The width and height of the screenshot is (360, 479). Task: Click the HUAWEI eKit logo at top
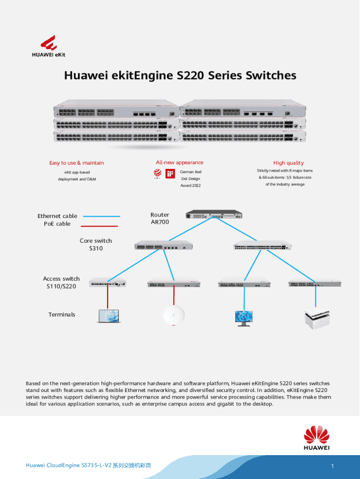pyautogui.click(x=52, y=46)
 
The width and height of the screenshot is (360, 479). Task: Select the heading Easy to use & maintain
pyautogui.click(x=77, y=163)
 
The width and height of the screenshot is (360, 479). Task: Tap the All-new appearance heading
pyautogui.click(x=180, y=162)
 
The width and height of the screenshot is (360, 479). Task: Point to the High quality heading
pyautogui.click(x=288, y=163)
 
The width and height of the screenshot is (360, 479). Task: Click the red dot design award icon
pyautogui.click(x=158, y=174)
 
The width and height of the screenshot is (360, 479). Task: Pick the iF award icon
pyautogui.click(x=170, y=174)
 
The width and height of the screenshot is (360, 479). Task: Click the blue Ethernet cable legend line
pyautogui.click(x=101, y=216)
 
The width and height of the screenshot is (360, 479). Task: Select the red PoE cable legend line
pyautogui.click(x=100, y=225)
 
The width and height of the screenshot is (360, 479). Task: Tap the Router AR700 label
pyautogui.click(x=160, y=218)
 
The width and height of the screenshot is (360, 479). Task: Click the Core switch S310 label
pyautogui.click(x=96, y=245)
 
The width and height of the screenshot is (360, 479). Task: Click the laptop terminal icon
pyautogui.click(x=108, y=317)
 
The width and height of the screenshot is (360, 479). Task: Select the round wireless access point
pyautogui.click(x=173, y=316)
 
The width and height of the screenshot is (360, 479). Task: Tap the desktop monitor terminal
pyautogui.click(x=244, y=318)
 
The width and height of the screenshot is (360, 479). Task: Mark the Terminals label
pyautogui.click(x=62, y=314)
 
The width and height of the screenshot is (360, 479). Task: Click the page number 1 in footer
pyautogui.click(x=332, y=466)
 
